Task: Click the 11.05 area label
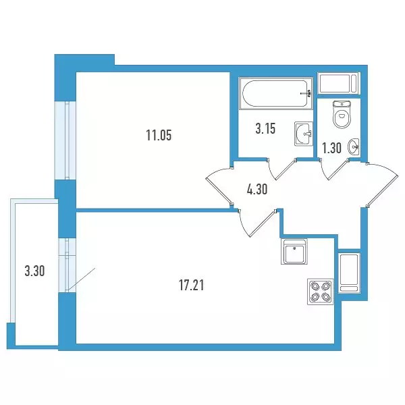coord(159,135)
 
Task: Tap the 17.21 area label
coord(192,286)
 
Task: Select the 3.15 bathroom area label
coord(265,129)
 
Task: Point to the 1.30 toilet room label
coord(331,148)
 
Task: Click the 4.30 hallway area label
coord(257,189)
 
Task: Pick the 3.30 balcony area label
coord(34,271)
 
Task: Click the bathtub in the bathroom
coord(276,93)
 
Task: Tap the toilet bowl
coord(342,115)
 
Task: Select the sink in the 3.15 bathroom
coord(304,134)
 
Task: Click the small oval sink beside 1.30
coord(353,147)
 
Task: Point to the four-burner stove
coord(320,292)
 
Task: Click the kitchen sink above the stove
coord(294,252)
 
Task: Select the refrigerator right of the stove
coord(349,273)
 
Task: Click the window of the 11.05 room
coord(65,140)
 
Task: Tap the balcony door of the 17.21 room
coord(67,265)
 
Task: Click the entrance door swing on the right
coord(382,184)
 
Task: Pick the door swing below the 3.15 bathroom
coord(281,169)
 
